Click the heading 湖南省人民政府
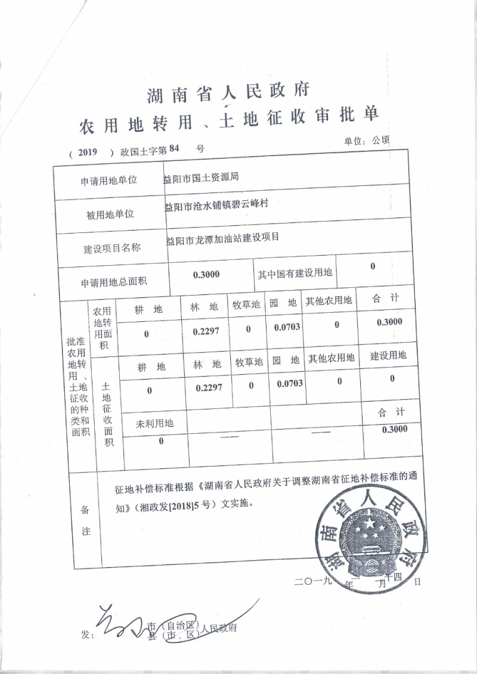(x=228, y=94)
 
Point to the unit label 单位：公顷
(x=366, y=141)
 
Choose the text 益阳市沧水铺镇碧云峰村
(x=216, y=205)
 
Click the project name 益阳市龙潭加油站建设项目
(x=223, y=238)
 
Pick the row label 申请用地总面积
(x=114, y=282)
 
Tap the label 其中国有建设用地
(x=295, y=274)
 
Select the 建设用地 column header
(x=388, y=356)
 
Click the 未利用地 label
(x=154, y=423)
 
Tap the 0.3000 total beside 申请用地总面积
(x=206, y=274)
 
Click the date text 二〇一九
(x=312, y=582)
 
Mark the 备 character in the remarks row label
(x=85, y=510)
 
